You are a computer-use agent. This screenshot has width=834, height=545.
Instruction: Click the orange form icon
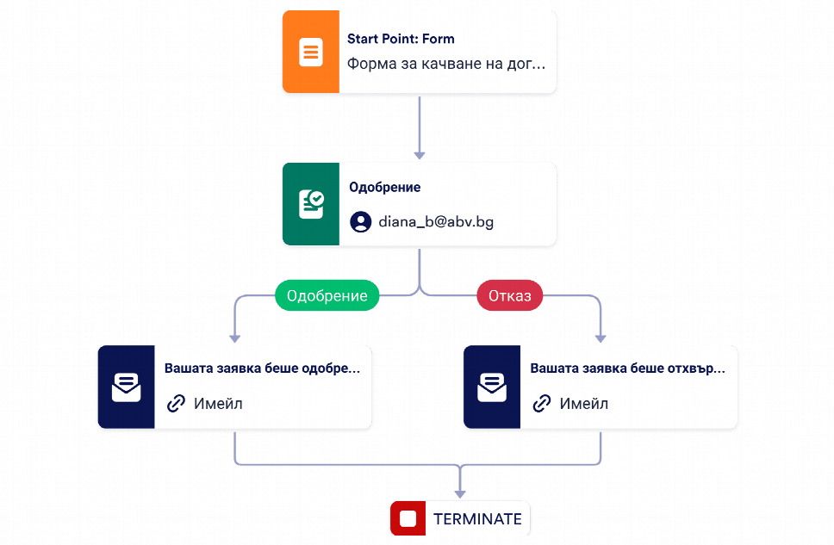pos(311,52)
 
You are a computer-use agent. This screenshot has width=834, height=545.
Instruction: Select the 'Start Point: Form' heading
pos(401,39)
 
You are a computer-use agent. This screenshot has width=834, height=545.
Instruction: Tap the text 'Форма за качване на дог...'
pos(446,64)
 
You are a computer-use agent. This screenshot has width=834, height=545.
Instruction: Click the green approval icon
pos(311,204)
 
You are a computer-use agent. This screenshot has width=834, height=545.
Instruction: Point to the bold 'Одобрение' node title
pos(384,187)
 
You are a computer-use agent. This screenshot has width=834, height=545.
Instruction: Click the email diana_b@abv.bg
pos(436,222)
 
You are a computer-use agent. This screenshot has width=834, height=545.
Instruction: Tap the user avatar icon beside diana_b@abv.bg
pos(361,222)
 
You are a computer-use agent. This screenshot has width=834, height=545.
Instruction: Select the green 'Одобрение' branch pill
pos(327,295)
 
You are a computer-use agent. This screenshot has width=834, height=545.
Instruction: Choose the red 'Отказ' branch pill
pos(509,295)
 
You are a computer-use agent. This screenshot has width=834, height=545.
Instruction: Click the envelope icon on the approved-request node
pos(126,387)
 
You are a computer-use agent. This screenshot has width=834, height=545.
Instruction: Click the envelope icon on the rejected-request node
pos(492,387)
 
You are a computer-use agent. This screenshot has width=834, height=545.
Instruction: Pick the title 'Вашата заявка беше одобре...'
pos(262,368)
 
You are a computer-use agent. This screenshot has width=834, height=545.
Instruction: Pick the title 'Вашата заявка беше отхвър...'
pos(627,368)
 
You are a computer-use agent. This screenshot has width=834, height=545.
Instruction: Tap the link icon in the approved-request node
pos(176,404)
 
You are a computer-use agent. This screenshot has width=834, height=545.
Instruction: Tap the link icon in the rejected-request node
pos(542,404)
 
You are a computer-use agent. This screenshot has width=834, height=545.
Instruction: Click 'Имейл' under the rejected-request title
pos(584,404)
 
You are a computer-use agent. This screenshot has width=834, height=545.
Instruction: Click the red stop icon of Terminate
pos(408,518)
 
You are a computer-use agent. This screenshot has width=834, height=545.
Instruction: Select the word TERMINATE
pos(477,519)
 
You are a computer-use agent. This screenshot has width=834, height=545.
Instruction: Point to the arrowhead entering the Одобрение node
pos(420,155)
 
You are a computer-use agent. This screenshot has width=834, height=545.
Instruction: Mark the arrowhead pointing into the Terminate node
pos(460,494)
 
